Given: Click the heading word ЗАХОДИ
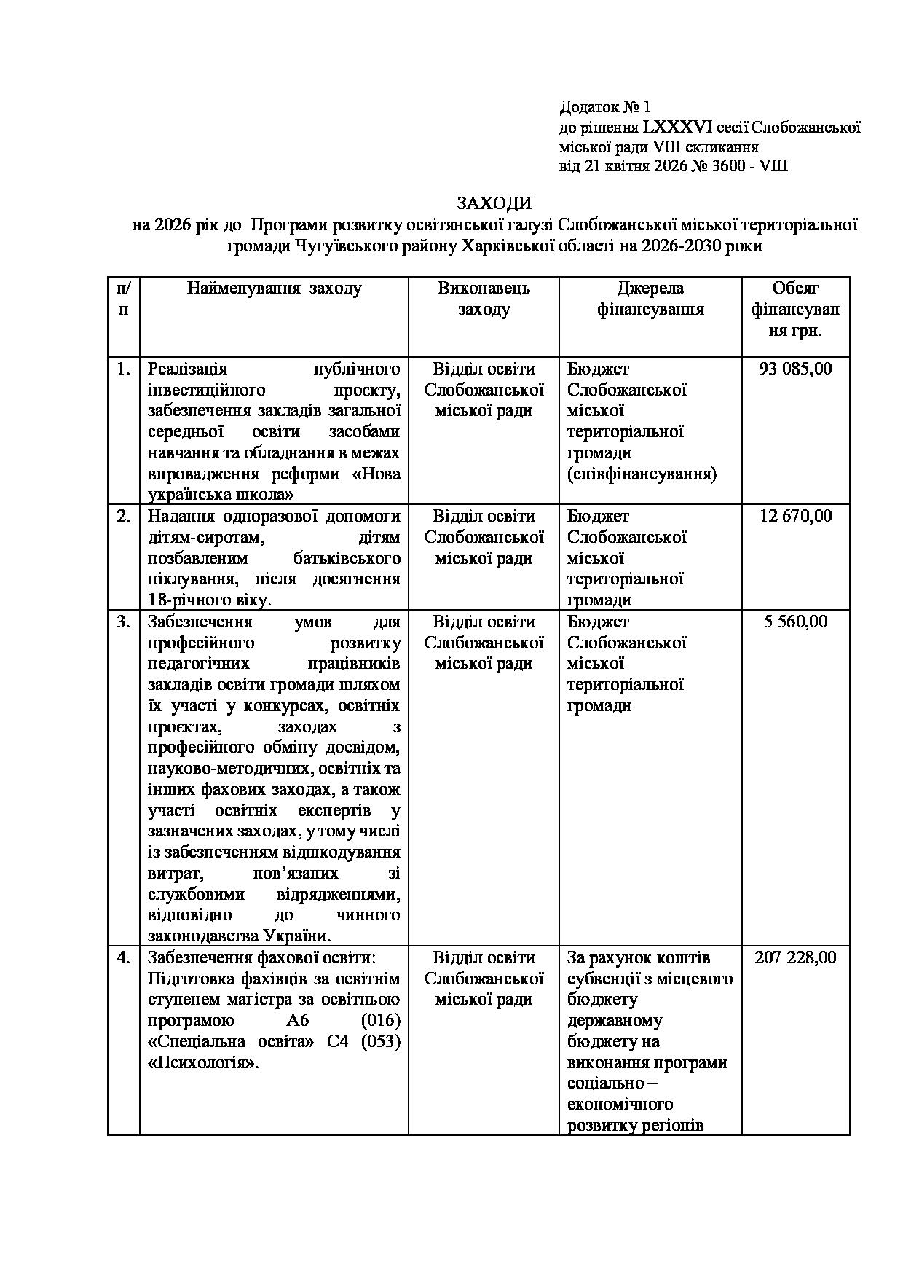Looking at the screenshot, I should pyautogui.click(x=494, y=203).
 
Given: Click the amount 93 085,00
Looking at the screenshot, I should pyautogui.click(x=795, y=369).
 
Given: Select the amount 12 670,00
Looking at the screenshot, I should pyautogui.click(x=795, y=516).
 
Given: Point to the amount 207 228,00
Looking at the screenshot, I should pyautogui.click(x=795, y=957).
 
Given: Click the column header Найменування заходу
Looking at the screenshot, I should pyautogui.click(x=274, y=289).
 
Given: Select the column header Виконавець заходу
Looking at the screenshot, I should pyautogui.click(x=484, y=299).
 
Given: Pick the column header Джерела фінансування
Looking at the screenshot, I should pyautogui.click(x=650, y=299).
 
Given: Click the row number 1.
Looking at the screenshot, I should pyautogui.click(x=123, y=369).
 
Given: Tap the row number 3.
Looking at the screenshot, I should pyautogui.click(x=123, y=622).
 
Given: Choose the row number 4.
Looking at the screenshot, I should pyautogui.click(x=123, y=957).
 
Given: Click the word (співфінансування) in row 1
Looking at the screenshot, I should pyautogui.click(x=642, y=474).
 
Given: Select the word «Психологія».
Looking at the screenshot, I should pyautogui.click(x=203, y=1063).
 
